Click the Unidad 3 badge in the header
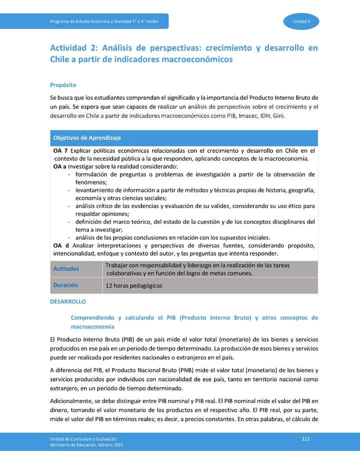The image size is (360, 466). click(301, 21)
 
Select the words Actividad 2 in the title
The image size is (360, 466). click(73, 48)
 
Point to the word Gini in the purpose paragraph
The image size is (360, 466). click(278, 115)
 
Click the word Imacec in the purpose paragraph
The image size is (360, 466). click(241, 115)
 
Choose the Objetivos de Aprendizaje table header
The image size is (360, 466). click(87, 137)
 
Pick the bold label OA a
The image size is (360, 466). click(59, 166)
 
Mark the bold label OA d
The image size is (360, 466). click(61, 245)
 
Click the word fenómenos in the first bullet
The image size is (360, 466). click(91, 182)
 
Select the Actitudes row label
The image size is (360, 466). click(66, 269)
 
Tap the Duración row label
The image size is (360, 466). click(65, 285)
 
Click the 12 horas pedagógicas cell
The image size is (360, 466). click(133, 285)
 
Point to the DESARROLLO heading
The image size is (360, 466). click(68, 301)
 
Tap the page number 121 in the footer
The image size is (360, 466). click(306, 438)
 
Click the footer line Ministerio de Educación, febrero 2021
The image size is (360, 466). click(82, 444)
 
